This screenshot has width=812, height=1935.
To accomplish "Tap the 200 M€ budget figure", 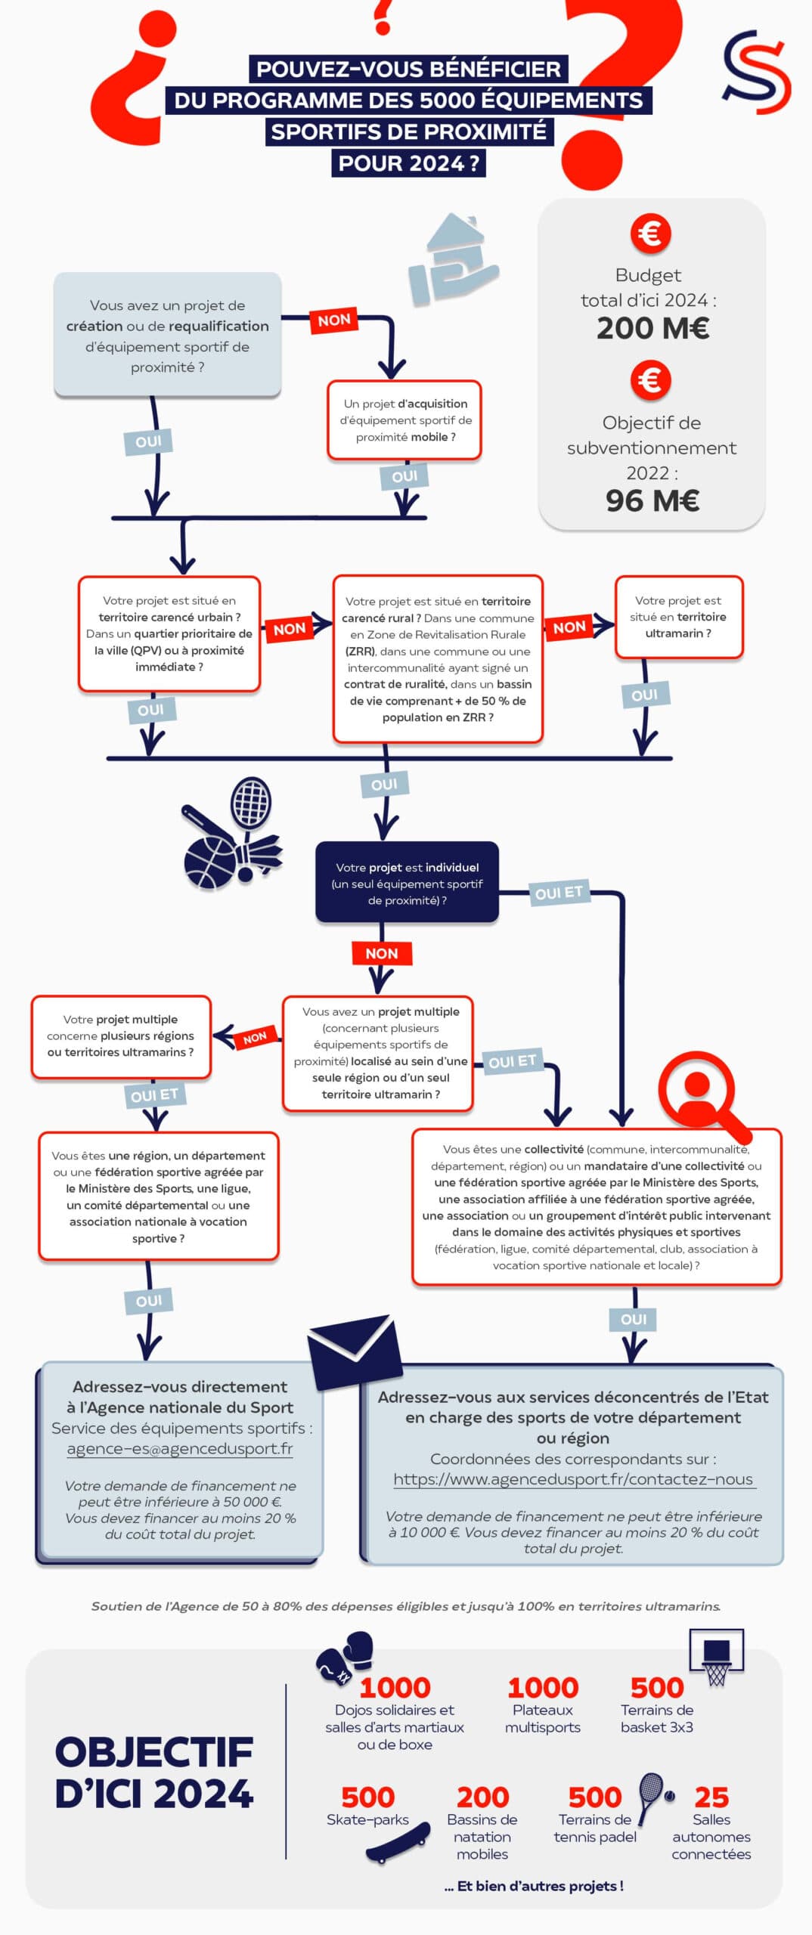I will [x=652, y=328].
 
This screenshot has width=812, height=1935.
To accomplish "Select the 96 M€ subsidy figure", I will [x=652, y=500].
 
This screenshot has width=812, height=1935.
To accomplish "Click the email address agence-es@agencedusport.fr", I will [x=180, y=1448].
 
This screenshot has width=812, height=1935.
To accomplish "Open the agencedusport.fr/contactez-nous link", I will [x=573, y=1479].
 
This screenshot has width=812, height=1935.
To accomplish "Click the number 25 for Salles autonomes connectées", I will [x=711, y=1797].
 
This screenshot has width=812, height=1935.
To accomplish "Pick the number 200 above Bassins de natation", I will [x=482, y=1797].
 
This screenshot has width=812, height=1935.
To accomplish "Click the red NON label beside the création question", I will [x=334, y=320].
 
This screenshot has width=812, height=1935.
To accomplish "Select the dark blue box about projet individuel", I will [x=407, y=883].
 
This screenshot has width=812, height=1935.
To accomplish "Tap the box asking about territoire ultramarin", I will [x=678, y=617].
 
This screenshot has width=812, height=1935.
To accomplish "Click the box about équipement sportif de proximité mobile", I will [x=404, y=420].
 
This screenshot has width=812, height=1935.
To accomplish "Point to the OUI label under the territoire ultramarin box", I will [x=644, y=695].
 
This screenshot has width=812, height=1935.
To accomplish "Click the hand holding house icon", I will [x=452, y=261].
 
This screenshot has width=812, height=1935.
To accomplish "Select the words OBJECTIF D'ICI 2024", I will [x=153, y=1772].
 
